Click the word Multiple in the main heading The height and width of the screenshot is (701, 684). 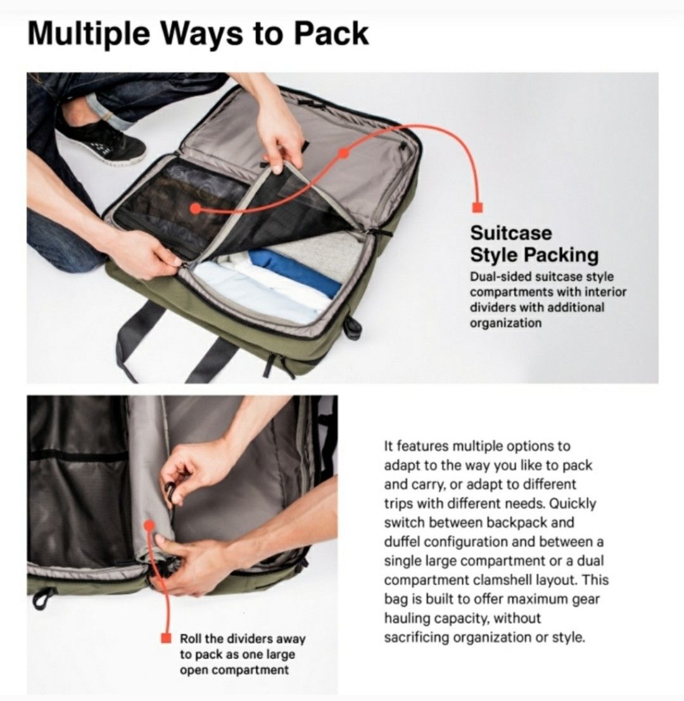tap(89, 34)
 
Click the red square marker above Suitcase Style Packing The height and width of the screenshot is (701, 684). tap(478, 207)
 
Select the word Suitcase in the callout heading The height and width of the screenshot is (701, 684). tap(510, 233)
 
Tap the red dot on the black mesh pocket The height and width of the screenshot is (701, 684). tap(195, 209)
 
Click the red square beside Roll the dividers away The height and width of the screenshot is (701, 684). tap(166, 638)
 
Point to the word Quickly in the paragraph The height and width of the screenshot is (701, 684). tap(573, 503)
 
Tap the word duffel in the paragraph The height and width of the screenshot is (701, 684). tap(402, 542)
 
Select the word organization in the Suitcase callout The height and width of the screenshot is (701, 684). tap(505, 323)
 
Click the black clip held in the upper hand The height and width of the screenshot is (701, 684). tap(170, 491)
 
